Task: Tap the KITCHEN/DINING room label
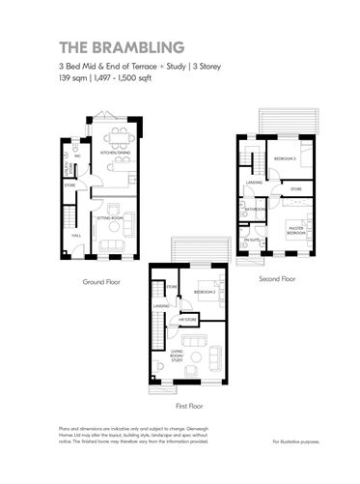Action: [117, 152]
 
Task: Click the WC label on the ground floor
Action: [75, 156]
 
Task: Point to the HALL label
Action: [75, 235]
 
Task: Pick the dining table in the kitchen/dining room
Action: [118, 136]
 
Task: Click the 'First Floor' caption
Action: [189, 407]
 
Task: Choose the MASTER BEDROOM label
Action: [295, 232]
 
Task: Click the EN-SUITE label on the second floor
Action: [251, 239]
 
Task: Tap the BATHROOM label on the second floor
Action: [255, 209]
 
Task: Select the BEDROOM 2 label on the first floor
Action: [204, 291]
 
